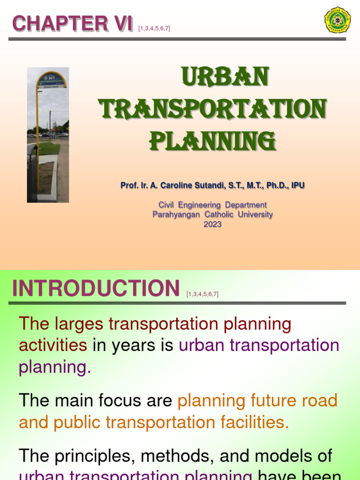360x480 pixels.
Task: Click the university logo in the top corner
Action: [x=337, y=20]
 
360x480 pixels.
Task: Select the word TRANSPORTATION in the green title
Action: [x=213, y=110]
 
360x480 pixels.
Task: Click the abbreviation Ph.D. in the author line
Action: [x=276, y=186]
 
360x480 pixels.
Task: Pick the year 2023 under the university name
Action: [x=212, y=224]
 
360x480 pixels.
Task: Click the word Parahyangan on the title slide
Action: [x=176, y=215]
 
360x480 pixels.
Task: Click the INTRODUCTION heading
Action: [x=96, y=288]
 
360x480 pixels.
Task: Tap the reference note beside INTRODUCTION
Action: [x=202, y=294]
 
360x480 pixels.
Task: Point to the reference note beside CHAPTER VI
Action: [x=154, y=29]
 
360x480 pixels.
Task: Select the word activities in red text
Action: [x=52, y=345]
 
